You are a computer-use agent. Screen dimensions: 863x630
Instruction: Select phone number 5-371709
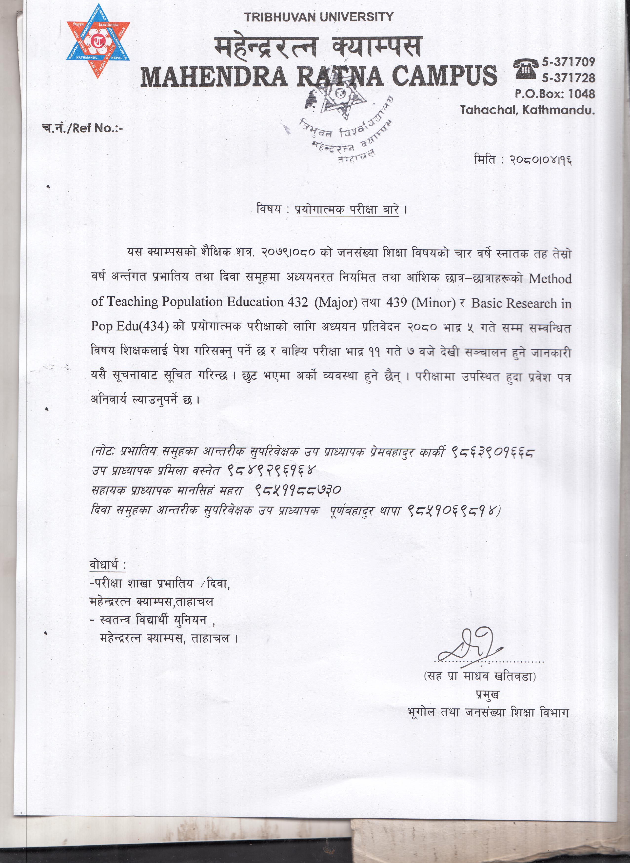click(568, 62)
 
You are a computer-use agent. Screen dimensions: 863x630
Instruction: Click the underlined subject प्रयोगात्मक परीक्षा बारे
click(346, 210)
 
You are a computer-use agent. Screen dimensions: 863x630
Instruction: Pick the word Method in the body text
click(550, 279)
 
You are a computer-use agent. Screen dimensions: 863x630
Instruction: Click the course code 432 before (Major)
click(296, 302)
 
